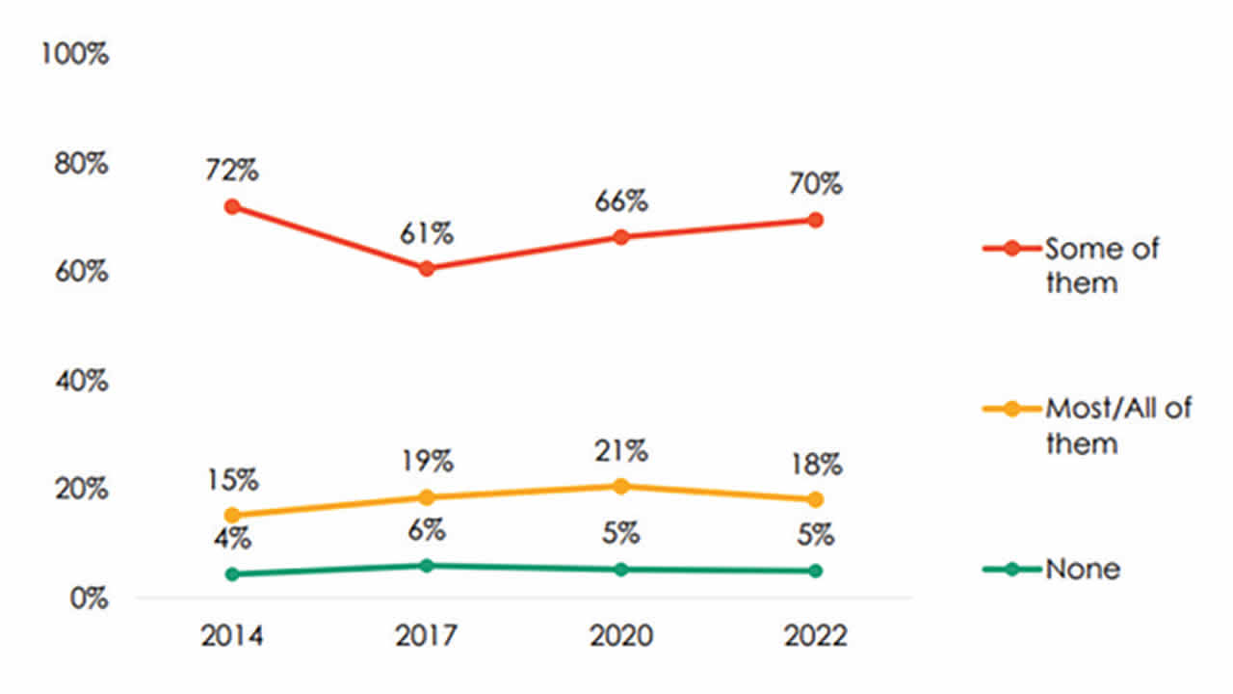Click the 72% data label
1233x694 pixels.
[231, 172]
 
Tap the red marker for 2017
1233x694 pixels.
[426, 268]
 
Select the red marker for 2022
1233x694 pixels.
[815, 220]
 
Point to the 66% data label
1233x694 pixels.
[620, 202]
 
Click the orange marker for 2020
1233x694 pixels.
[621, 486]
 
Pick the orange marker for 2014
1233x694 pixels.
[231, 515]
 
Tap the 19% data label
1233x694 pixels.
[426, 462]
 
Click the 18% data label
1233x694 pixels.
[816, 465]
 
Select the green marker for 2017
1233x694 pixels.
[426, 565]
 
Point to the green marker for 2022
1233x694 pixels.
[815, 571]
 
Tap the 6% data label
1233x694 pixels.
[426, 530]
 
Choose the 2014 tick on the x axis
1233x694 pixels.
[231, 637]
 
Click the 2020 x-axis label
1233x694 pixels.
[621, 637]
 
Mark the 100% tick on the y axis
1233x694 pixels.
[73, 54]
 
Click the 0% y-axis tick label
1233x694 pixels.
[85, 599]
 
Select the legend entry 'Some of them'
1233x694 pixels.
[1100, 265]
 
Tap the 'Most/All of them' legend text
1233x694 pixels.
[1117, 425]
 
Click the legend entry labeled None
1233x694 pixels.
[1083, 569]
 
